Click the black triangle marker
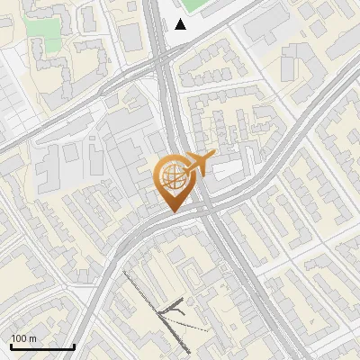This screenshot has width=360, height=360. coord(181,24)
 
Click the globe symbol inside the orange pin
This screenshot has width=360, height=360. coord(172,176)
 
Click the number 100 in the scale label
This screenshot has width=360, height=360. coord(18,338)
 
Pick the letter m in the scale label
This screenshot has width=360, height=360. coord(32,338)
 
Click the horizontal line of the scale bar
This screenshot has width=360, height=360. coord(41,347)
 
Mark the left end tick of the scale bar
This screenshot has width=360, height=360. coord(11,346)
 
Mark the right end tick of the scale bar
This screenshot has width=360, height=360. coord(74,346)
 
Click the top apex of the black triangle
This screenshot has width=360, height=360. coord(181,19)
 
